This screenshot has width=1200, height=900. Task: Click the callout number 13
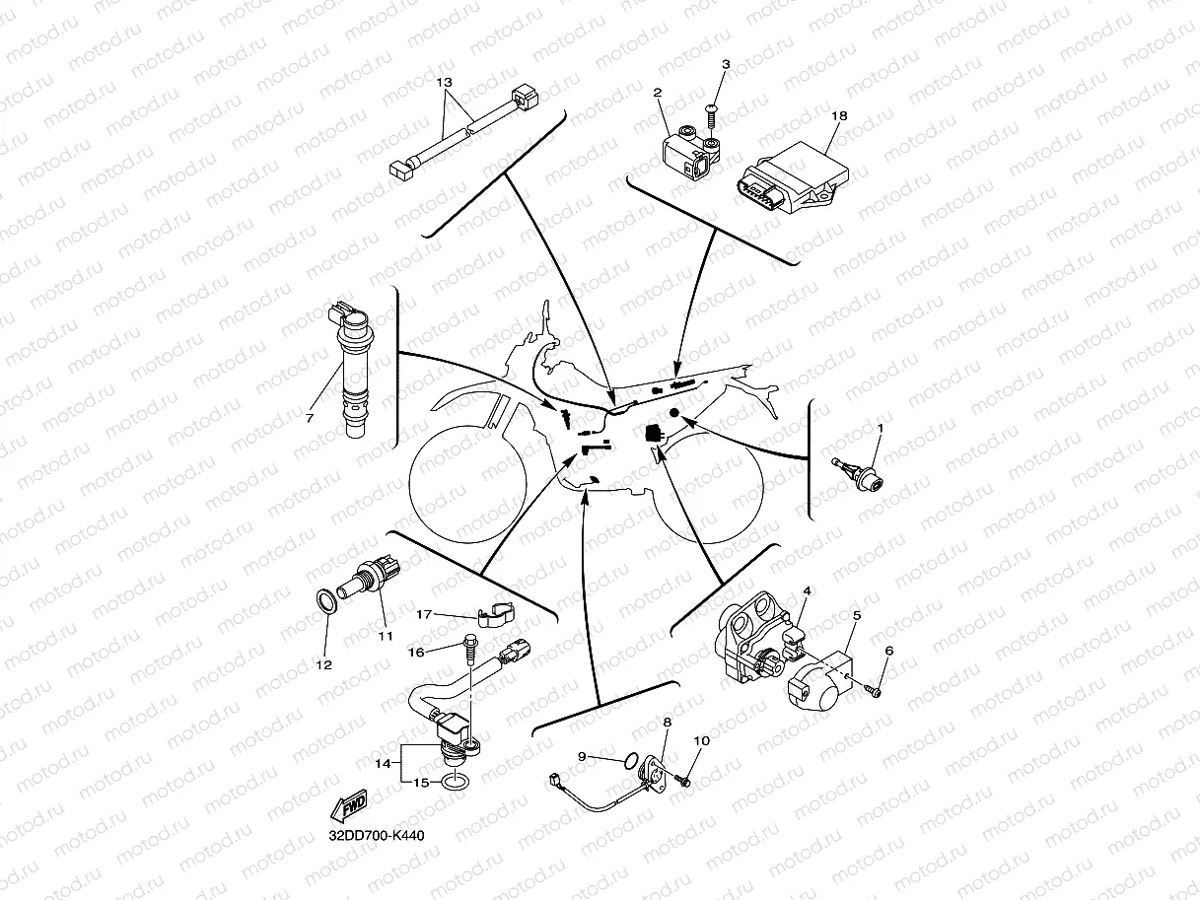tap(444, 84)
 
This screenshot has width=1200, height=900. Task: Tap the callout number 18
tap(839, 115)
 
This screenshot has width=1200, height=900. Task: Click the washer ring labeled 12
tap(322, 602)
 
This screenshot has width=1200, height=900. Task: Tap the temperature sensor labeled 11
tap(370, 581)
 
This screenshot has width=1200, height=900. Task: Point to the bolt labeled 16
tap(469, 651)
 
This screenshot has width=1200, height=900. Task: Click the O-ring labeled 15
tap(455, 782)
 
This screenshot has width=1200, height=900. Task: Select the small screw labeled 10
tap(685, 781)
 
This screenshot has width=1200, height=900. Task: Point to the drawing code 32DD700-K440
tap(377, 835)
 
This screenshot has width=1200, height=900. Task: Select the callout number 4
tap(806, 590)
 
